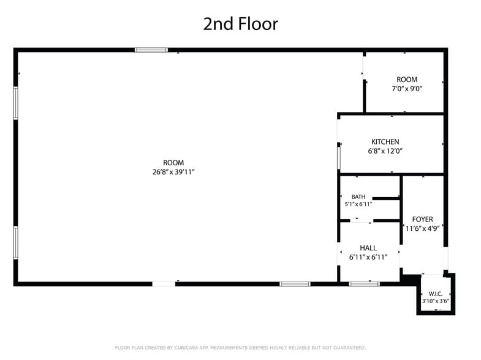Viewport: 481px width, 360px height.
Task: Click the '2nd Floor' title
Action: click(240, 24)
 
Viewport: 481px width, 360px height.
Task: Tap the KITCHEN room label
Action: click(385, 141)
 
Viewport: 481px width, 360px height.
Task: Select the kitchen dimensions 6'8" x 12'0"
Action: click(385, 151)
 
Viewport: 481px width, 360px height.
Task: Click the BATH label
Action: click(358, 197)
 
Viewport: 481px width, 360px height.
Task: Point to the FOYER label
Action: click(422, 219)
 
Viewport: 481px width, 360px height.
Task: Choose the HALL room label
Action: click(368, 247)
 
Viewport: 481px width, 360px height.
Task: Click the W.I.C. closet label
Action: click(436, 294)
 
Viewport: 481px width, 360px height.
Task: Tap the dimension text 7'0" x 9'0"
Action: click(407, 89)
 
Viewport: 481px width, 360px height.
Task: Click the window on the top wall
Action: click(151, 50)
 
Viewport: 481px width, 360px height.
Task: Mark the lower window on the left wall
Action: click(16, 242)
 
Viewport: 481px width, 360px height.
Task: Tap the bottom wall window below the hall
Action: click(364, 283)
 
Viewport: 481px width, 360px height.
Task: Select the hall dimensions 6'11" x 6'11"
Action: click(368, 257)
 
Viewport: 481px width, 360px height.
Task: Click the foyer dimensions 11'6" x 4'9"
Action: click(423, 228)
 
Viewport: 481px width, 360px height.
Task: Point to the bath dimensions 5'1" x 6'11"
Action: click(358, 204)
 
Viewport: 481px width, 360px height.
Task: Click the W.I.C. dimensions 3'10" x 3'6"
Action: click(436, 301)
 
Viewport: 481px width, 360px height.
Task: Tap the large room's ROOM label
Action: click(173, 162)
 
